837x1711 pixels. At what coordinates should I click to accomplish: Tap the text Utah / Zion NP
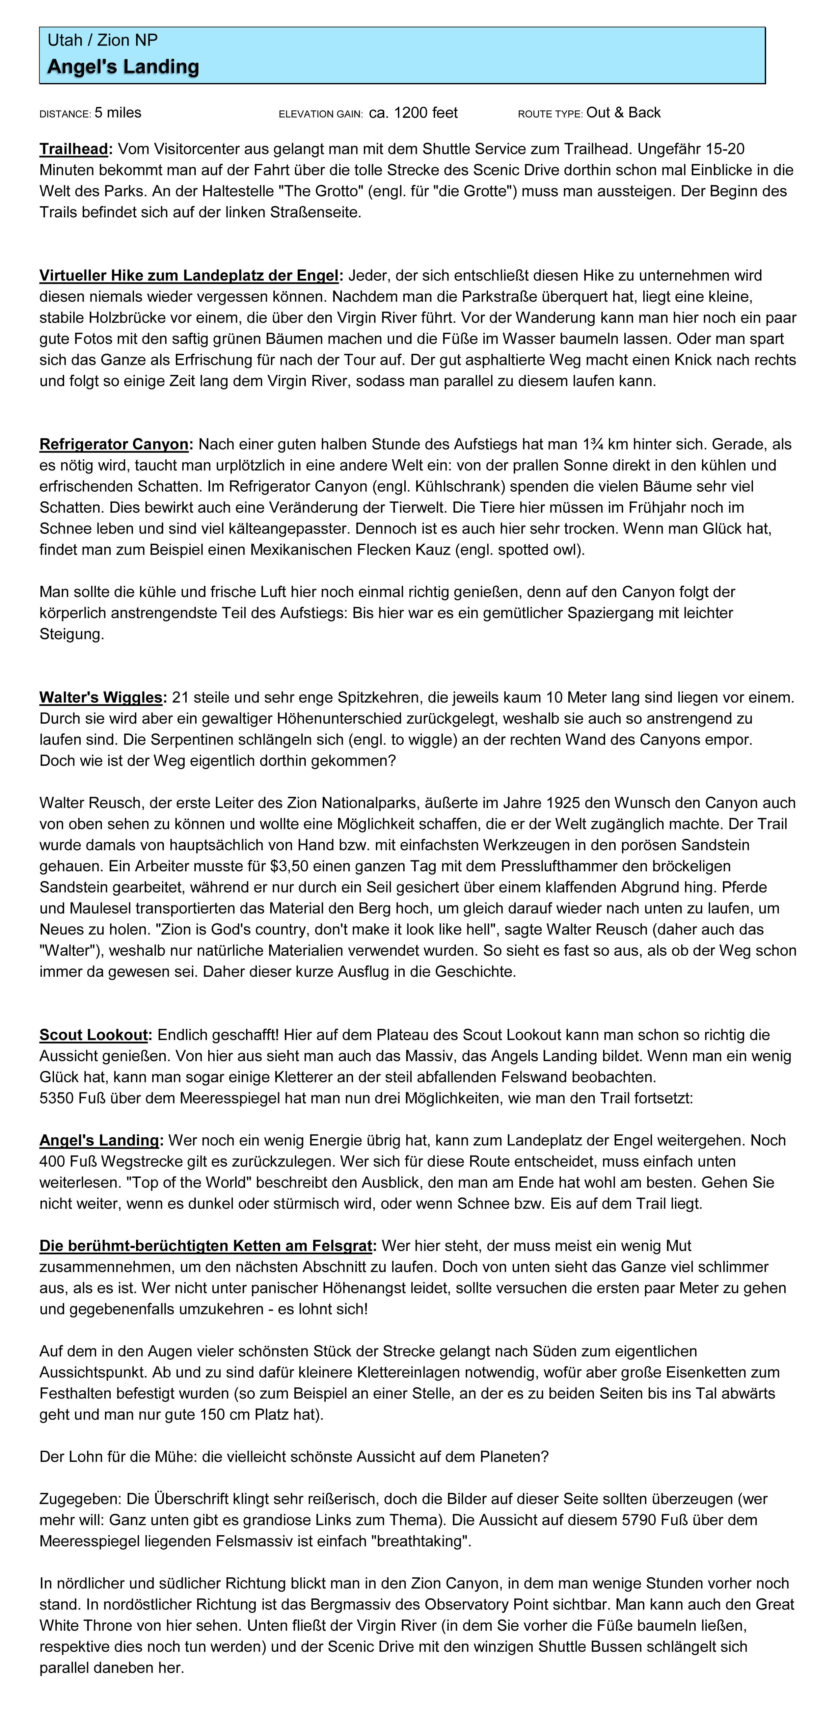102,40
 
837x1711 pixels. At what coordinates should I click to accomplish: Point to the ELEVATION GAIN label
320,114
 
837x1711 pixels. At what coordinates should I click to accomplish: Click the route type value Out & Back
623,113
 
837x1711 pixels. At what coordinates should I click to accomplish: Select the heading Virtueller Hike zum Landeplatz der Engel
189,276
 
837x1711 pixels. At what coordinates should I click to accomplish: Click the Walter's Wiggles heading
101,698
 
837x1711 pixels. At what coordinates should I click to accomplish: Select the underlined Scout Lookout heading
94,1035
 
